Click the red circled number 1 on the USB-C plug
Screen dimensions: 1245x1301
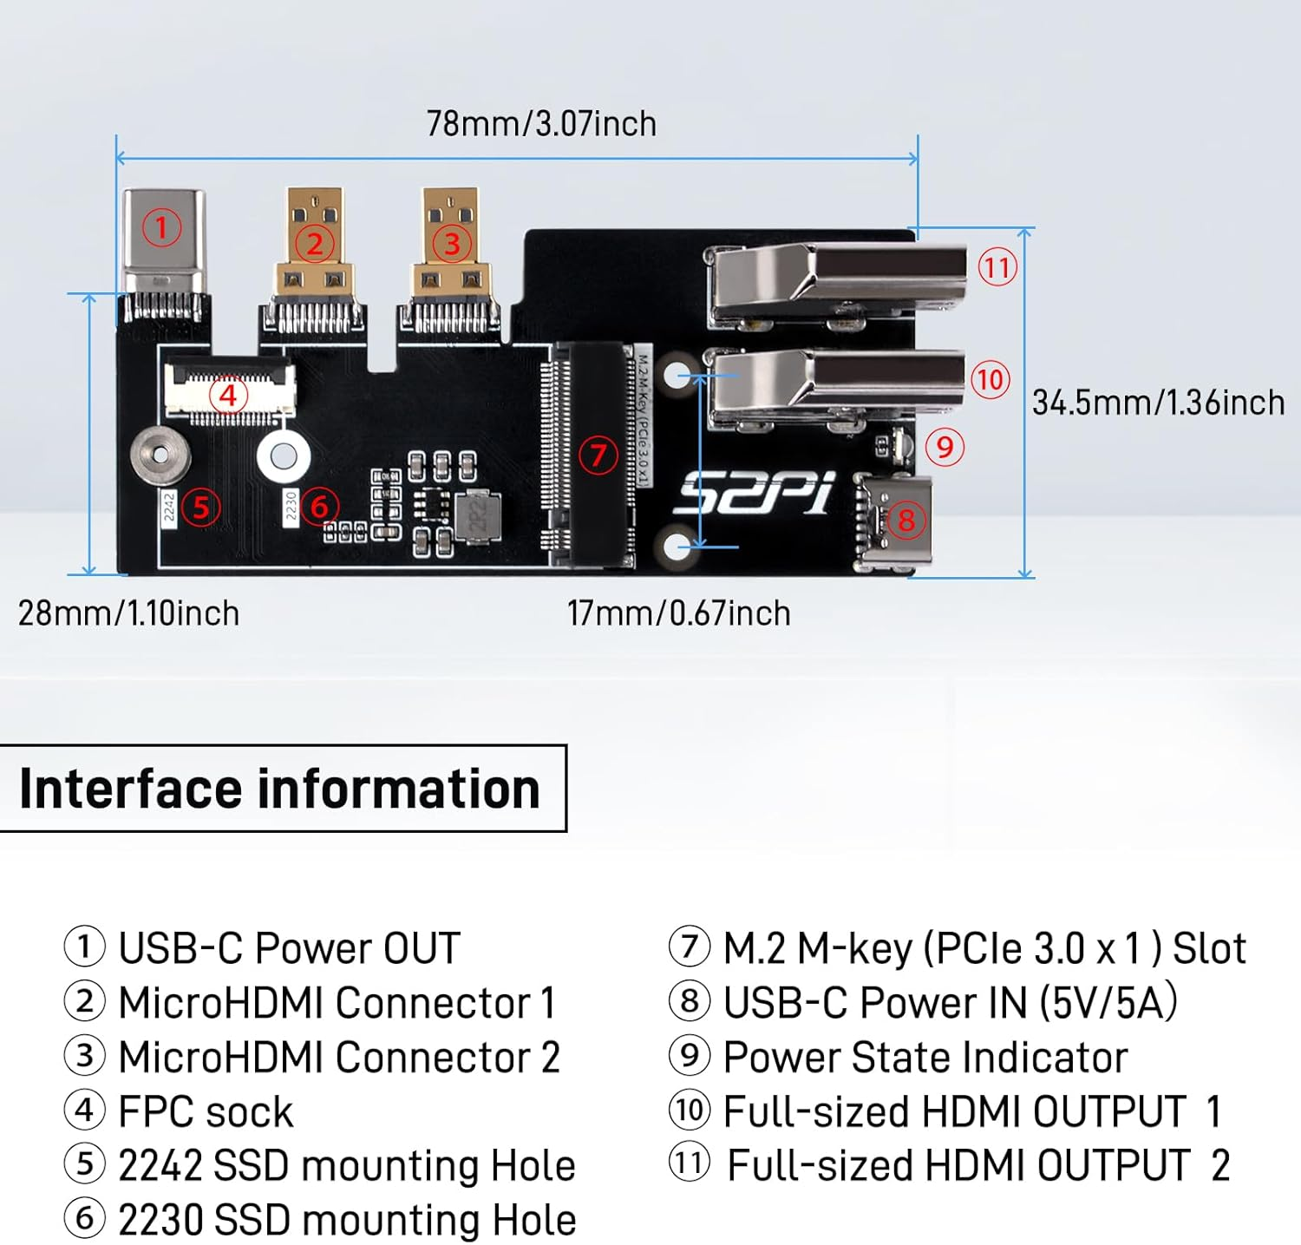161,228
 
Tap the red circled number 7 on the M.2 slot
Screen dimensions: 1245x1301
598,455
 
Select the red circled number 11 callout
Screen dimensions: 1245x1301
997,267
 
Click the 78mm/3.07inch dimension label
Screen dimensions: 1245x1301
541,124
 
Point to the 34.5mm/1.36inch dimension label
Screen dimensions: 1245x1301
1158,403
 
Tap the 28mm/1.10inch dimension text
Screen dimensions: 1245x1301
128,613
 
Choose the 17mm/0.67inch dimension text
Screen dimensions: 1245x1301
678,613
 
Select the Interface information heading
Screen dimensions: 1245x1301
279,789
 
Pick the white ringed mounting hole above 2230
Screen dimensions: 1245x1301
284,455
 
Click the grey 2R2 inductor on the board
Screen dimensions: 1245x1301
478,517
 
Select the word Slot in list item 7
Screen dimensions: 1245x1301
1209,948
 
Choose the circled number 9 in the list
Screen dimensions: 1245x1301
690,1056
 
